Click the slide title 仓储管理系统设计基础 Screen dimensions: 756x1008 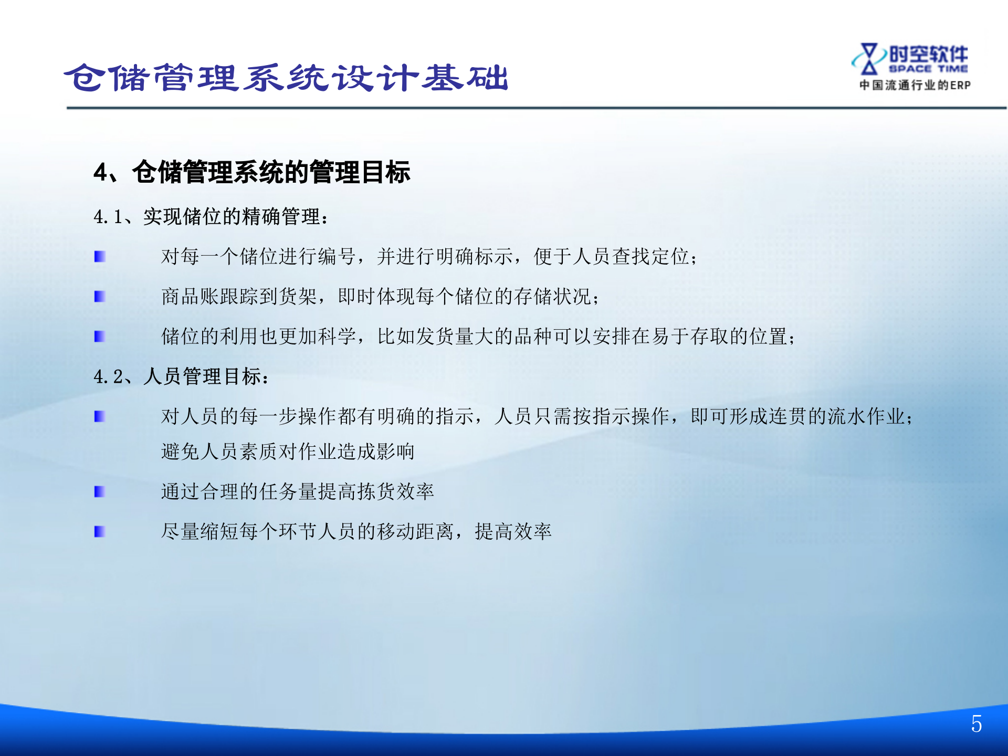[x=286, y=78]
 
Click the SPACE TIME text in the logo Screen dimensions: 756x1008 [x=928, y=69]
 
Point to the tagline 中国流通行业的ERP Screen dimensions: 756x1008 [x=915, y=85]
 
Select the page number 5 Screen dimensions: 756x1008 [x=976, y=724]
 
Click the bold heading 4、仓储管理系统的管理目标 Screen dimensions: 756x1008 [x=252, y=172]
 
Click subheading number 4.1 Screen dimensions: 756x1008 [x=108, y=217]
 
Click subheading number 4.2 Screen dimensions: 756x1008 [x=108, y=376]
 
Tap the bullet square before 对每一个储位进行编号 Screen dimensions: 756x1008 [x=100, y=256]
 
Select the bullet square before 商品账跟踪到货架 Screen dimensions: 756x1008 [x=100, y=297]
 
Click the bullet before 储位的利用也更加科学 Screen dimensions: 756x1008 [x=100, y=337]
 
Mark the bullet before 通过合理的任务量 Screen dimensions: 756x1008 [x=100, y=491]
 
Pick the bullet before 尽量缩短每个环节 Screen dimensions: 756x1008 [x=100, y=532]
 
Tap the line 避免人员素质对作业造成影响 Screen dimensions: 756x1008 [x=288, y=451]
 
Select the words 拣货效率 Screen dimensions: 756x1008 [x=395, y=491]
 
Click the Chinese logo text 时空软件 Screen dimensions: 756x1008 [x=928, y=54]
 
